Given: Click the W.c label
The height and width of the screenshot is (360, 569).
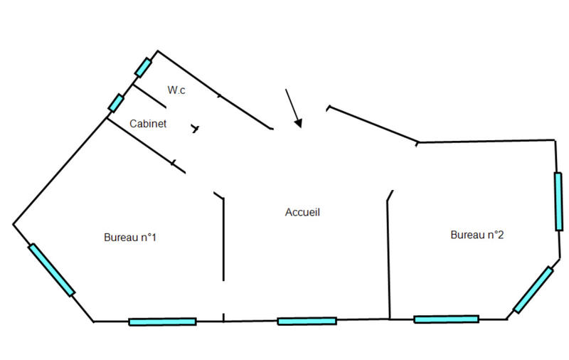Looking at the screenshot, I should click(x=176, y=90).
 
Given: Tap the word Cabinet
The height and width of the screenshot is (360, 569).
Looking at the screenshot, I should click(x=148, y=124).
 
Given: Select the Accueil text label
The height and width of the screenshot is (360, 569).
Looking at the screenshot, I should click(x=303, y=212).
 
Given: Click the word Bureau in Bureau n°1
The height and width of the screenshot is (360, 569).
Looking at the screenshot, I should click(x=120, y=238).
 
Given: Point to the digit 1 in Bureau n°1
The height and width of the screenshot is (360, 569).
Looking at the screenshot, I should click(x=153, y=238).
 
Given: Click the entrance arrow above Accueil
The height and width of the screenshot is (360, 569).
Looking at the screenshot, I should click(x=293, y=109).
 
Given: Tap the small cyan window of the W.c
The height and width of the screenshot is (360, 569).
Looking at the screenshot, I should click(x=143, y=68).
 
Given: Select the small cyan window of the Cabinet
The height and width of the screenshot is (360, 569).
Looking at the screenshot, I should click(x=116, y=103).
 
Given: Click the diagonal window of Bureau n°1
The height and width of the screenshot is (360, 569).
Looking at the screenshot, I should click(x=51, y=270).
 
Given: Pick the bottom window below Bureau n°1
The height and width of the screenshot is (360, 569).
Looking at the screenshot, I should click(x=162, y=322).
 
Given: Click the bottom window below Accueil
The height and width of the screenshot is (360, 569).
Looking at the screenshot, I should click(x=307, y=321).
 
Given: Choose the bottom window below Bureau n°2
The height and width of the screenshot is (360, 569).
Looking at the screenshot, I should click(x=446, y=319).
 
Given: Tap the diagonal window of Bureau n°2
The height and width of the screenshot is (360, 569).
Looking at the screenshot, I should click(x=533, y=290).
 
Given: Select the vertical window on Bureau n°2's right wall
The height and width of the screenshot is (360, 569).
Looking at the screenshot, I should click(x=559, y=201).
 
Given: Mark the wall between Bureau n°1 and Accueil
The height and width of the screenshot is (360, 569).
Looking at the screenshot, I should click(x=224, y=242).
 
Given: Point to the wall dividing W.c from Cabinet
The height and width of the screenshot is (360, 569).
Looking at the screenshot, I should click(x=149, y=96).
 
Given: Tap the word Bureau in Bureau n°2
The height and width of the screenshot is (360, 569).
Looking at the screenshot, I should click(x=467, y=235).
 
